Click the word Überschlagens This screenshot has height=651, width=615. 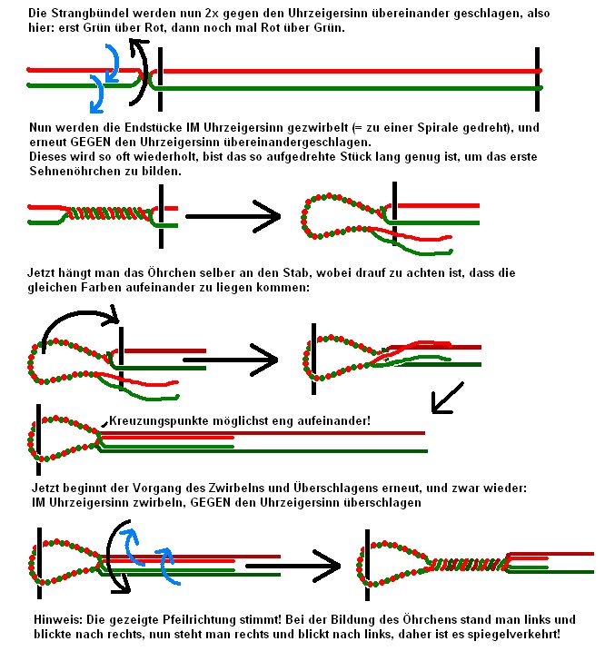pyautogui.click(x=369, y=488)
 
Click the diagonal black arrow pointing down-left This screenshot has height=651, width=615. pyautogui.click(x=447, y=397)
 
